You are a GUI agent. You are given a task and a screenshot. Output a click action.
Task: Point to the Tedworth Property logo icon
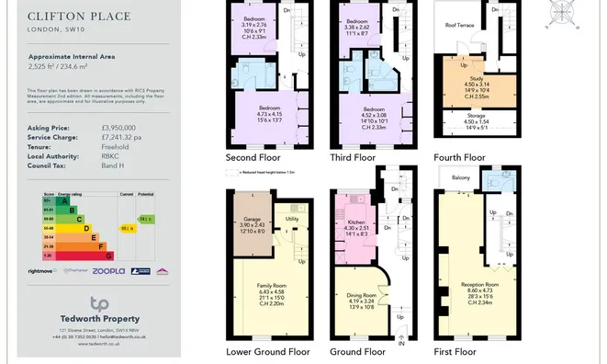tap(99, 303)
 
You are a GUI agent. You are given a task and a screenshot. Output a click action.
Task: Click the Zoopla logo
tap(108, 271)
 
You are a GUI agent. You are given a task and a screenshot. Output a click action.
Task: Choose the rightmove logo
tap(42, 271)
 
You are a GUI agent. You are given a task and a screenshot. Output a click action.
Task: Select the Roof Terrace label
tap(459, 26)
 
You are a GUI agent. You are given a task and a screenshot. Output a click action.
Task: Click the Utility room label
tap(292, 219)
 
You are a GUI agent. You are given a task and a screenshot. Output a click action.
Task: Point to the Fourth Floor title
tap(459, 157)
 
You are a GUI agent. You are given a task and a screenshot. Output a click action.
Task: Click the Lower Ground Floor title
tap(267, 351)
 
